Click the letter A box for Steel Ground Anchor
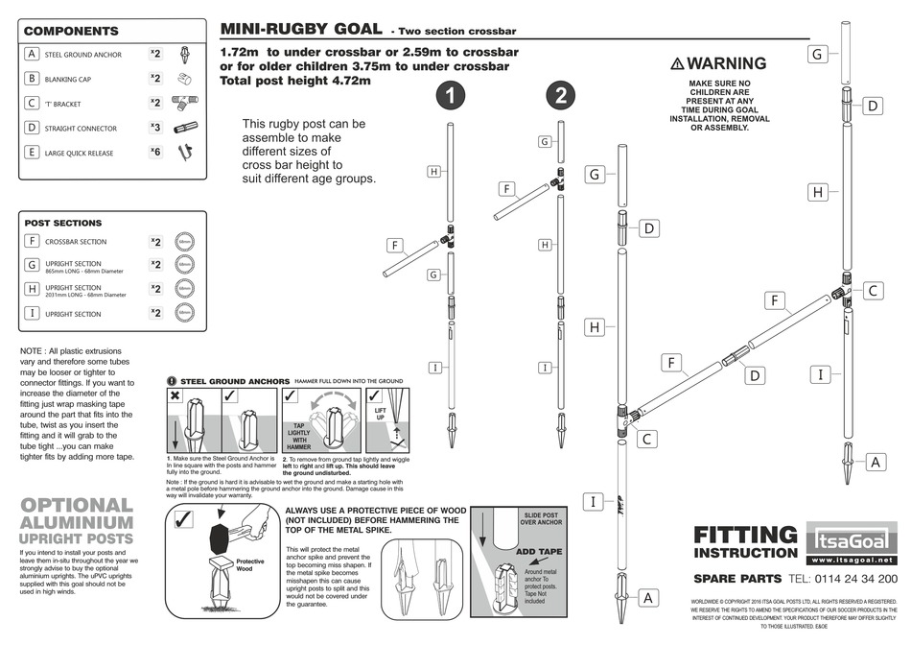33,55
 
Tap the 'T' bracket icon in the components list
184,103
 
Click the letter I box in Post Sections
33,313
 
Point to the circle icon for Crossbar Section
184,241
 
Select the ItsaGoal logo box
850,534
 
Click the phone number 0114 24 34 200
842,579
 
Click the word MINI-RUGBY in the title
276,30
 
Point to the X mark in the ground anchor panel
176,395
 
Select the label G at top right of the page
817,54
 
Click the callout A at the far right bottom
875,462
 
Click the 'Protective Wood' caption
249,564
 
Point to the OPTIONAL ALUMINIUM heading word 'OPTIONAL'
77,505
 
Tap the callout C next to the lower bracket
646,439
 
